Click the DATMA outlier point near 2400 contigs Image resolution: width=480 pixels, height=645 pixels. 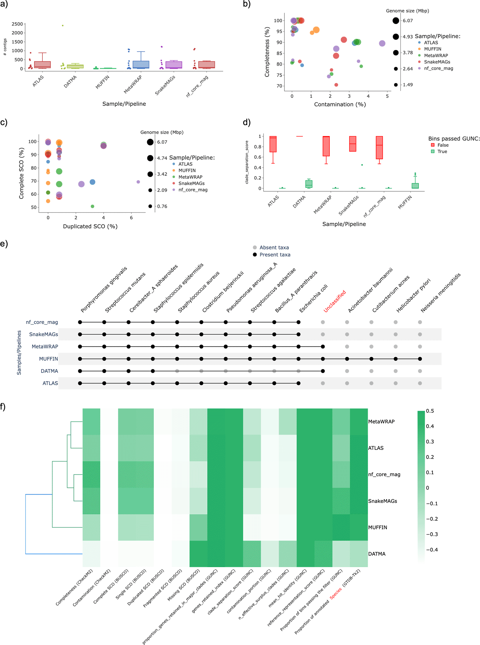(62, 26)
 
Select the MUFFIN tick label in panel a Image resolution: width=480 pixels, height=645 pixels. (102, 82)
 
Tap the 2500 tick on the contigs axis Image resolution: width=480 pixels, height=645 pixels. (17, 24)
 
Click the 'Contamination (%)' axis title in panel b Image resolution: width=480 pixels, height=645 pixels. (340, 104)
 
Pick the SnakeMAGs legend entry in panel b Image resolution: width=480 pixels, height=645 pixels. (437, 62)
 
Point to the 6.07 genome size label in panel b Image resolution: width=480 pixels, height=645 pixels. (407, 21)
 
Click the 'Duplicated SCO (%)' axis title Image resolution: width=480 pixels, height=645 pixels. (90, 226)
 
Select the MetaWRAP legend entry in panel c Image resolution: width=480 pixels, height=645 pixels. (190, 177)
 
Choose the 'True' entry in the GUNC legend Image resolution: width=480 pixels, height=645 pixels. (442, 152)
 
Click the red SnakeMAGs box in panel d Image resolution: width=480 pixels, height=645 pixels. (352, 144)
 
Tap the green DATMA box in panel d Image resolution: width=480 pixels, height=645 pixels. (308, 184)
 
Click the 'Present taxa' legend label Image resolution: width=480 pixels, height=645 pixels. (275, 255)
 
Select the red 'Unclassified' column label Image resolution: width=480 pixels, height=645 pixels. (335, 301)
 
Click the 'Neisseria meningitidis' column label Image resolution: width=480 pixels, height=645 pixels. (441, 292)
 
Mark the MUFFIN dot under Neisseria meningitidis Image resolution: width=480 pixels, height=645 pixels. (420, 359)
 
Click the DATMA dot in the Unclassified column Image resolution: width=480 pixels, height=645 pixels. (322, 371)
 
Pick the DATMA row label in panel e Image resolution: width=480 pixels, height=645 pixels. (49, 371)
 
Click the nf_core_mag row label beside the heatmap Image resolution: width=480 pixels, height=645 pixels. (384, 474)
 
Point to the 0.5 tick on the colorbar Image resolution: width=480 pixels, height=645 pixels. (430, 411)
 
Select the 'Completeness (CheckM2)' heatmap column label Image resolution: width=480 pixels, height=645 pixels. (74, 587)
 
